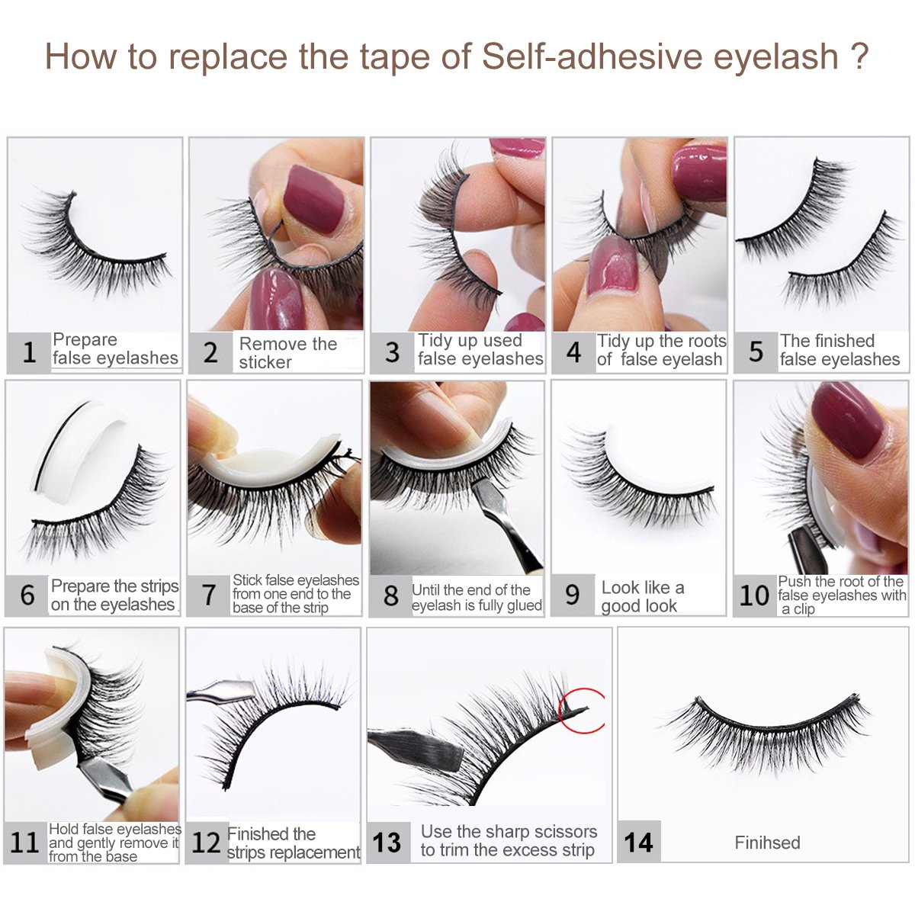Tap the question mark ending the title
(859, 56)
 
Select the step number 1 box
(29, 352)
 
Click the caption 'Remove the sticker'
(287, 353)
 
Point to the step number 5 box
(756, 352)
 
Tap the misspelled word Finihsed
(767, 843)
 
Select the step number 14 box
(638, 842)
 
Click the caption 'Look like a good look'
(642, 596)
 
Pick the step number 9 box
(573, 596)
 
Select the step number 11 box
(24, 842)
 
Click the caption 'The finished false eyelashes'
(839, 350)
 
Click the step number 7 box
(209, 595)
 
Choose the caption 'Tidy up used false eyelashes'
(480, 350)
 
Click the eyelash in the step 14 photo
(766, 724)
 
